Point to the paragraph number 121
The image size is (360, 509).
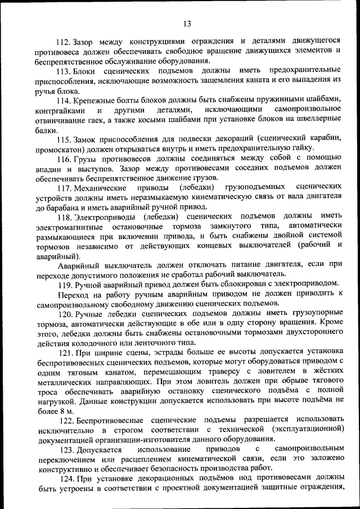tap(67, 353)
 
